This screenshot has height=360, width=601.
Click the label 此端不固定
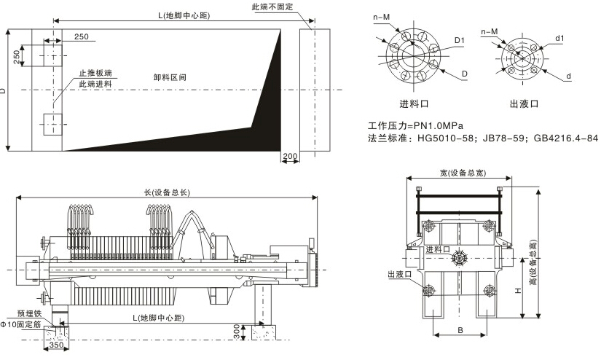click(272, 7)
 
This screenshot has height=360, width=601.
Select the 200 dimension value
click(289, 156)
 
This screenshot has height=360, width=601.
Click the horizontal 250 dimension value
click(82, 36)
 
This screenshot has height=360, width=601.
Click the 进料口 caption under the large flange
click(414, 103)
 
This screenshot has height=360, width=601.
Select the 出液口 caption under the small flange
click(524, 103)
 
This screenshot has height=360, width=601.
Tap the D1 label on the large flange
click(459, 39)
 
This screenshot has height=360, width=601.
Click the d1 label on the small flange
click(559, 37)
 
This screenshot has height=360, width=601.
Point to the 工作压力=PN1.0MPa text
click(416, 125)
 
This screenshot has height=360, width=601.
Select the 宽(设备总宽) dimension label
click(463, 173)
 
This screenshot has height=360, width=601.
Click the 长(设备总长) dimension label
click(167, 192)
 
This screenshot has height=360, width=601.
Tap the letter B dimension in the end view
click(460, 330)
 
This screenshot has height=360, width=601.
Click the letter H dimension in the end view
click(516, 289)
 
